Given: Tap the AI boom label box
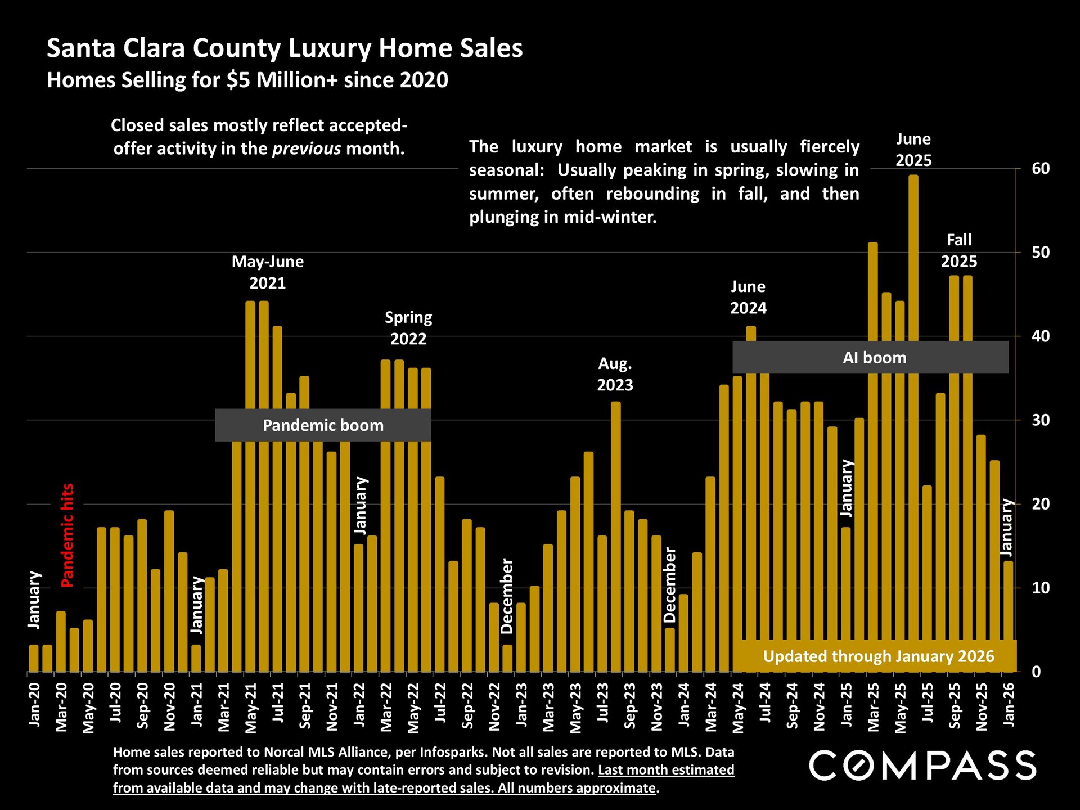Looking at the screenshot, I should (x=870, y=358).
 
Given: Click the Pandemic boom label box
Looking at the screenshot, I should (x=323, y=425).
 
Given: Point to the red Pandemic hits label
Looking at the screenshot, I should (x=67, y=535).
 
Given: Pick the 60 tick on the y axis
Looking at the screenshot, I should (x=1041, y=168).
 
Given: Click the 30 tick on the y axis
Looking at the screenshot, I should (x=1041, y=420).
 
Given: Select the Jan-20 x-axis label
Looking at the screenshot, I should (x=34, y=704).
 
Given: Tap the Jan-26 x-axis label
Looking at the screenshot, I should (x=1009, y=704).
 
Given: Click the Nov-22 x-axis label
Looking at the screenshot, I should (x=494, y=706).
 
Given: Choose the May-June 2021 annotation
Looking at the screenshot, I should (x=268, y=272).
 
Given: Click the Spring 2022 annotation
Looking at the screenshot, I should (x=408, y=328).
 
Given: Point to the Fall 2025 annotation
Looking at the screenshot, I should (x=959, y=250).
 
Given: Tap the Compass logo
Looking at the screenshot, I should (x=922, y=766).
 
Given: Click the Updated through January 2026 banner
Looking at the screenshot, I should (x=878, y=656).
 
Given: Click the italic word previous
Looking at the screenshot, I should (x=307, y=148).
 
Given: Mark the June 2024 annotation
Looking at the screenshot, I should (x=748, y=297).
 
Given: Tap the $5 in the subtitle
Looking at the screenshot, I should (x=239, y=80).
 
